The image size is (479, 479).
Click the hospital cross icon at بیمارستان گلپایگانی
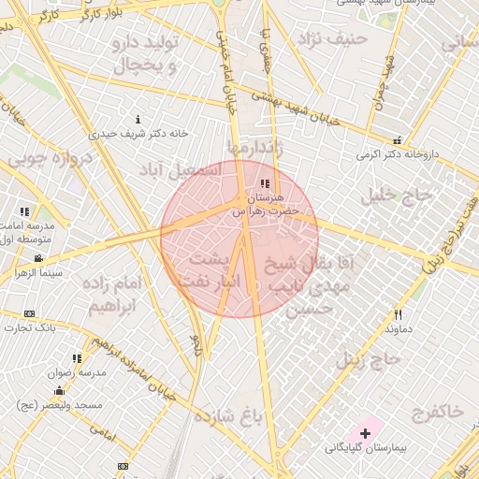[x=365, y=432]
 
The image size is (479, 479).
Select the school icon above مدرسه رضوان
[x=77, y=357]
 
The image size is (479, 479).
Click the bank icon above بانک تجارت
[x=30, y=313]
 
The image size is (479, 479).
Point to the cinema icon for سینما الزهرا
[x=37, y=257]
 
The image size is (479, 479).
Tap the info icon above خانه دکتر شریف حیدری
[x=138, y=119]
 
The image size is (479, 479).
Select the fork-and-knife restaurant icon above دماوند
[x=398, y=314]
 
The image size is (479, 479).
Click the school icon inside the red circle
[x=265, y=184]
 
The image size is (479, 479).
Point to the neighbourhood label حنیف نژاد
[x=327, y=40]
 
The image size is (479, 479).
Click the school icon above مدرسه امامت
[x=24, y=212]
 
